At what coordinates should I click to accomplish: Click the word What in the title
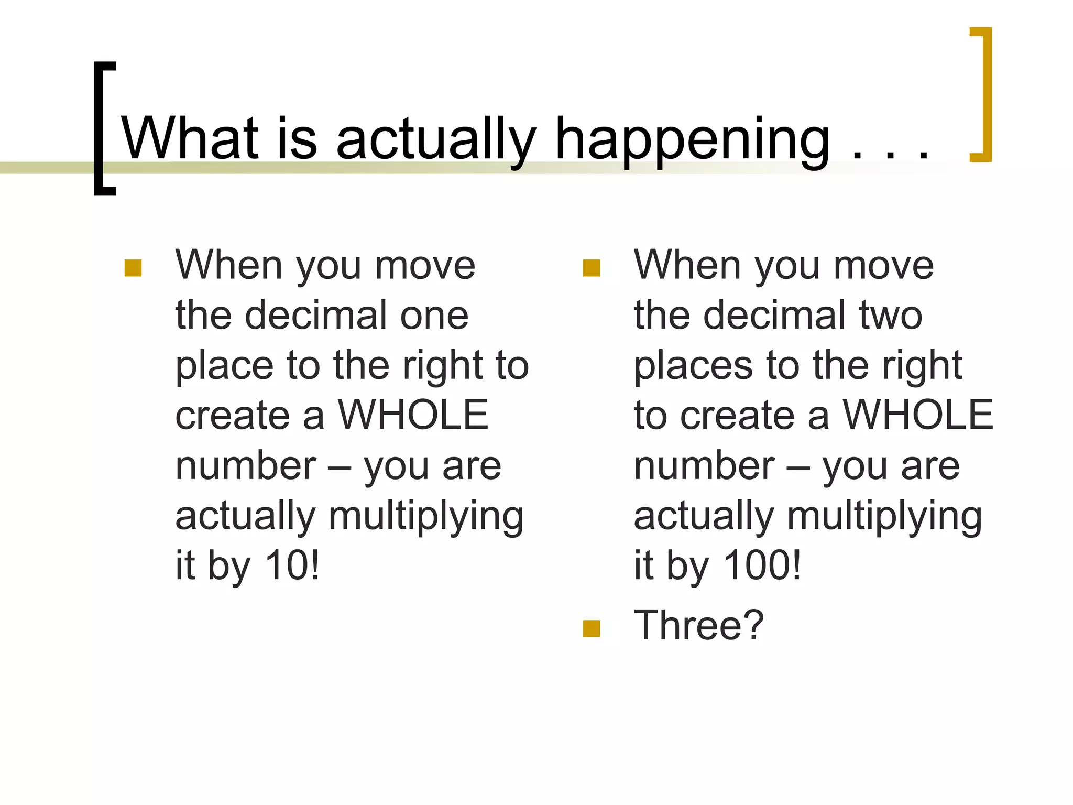click(x=190, y=138)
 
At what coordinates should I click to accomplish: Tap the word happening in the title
click(x=692, y=140)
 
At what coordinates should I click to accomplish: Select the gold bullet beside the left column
click(x=133, y=268)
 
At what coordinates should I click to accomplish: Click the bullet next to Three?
click(x=591, y=628)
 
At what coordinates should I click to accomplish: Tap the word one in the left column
click(x=434, y=316)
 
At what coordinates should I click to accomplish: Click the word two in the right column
click(x=891, y=316)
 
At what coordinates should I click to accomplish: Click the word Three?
click(x=698, y=625)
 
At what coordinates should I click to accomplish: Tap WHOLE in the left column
click(x=413, y=415)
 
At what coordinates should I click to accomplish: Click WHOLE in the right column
click(x=917, y=415)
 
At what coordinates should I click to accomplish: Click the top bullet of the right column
click(x=591, y=268)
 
